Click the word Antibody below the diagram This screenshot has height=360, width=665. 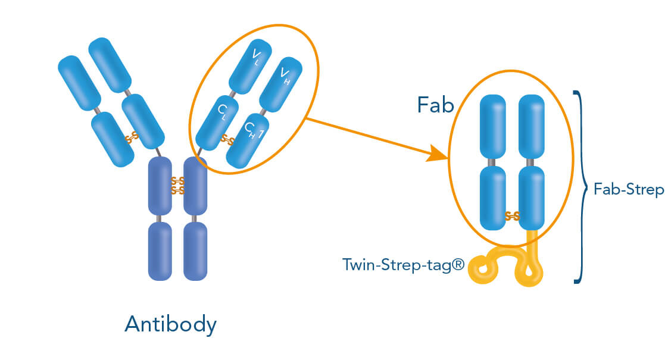coord(170,324)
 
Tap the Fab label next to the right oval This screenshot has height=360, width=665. coord(436,105)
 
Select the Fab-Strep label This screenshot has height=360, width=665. coord(629,190)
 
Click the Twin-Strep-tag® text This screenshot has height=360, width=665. coord(402,264)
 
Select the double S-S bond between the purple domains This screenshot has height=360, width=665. coord(177,185)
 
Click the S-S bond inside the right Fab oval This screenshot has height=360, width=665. coord(512,216)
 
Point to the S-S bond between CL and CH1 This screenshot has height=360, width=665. coord(227,140)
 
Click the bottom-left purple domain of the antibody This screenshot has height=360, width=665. coord(160,251)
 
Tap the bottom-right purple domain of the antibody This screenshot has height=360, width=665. coord(195,251)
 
